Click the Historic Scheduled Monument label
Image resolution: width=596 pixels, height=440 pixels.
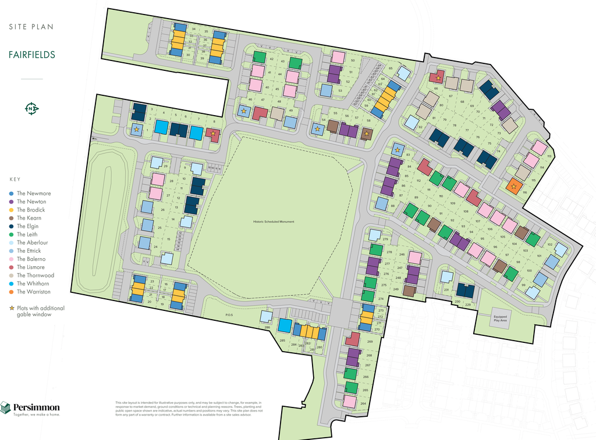274,221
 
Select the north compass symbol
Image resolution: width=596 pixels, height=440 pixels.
31,108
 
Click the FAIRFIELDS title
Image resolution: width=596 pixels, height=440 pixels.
32,55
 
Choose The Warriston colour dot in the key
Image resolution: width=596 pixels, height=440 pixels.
12,292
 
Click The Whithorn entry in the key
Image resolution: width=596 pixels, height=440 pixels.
33,284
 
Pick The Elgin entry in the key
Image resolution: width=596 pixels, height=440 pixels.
28,226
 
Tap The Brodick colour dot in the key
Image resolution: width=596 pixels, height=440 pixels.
12,210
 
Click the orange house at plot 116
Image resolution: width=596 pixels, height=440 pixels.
513,186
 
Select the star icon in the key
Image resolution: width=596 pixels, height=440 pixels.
12,308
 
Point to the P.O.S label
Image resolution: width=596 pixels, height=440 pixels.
230,316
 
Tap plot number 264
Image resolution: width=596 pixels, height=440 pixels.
363,403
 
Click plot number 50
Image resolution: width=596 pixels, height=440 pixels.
353,60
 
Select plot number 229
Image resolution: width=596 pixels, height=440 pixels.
468,304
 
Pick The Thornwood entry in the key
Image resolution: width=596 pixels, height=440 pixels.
35,276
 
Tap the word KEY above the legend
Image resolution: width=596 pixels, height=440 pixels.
15,179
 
